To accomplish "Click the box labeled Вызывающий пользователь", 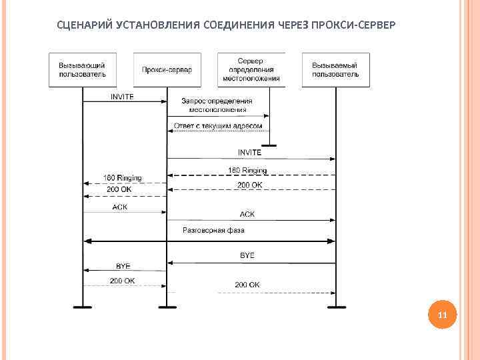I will click(x=83, y=70).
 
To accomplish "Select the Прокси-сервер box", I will click(x=167, y=70).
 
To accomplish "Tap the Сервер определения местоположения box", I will click(x=251, y=70).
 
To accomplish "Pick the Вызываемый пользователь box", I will click(x=335, y=70).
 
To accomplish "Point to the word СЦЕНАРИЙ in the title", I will click(x=85, y=25).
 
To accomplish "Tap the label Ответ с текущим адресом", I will click(x=218, y=125).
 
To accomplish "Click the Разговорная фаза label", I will click(x=213, y=230).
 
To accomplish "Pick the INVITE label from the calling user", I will click(x=122, y=96).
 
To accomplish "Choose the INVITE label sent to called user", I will click(x=249, y=153).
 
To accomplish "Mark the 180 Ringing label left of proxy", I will click(x=123, y=178).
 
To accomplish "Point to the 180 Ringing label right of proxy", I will click(x=247, y=170).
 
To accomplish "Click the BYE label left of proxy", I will click(x=123, y=265).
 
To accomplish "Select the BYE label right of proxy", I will click(x=247, y=255).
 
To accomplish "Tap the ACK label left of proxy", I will click(x=119, y=207).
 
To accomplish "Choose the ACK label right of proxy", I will click(x=247, y=214).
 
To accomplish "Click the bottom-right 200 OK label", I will click(x=247, y=285).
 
